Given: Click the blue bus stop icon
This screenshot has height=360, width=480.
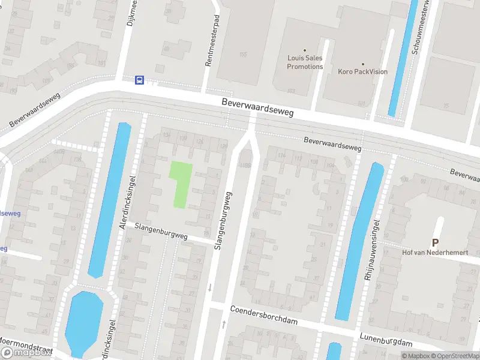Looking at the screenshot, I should [139, 80].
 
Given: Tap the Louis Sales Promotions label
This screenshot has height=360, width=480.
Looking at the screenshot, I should [305, 62].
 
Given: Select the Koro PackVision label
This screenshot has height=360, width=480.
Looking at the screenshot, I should [362, 71].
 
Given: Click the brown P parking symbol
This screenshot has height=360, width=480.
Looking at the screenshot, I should [435, 242].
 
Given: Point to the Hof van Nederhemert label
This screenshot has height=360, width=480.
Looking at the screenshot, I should [435, 253].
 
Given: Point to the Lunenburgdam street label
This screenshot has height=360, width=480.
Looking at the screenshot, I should [386, 340].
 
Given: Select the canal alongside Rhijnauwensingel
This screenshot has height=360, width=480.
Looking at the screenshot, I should [359, 240].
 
